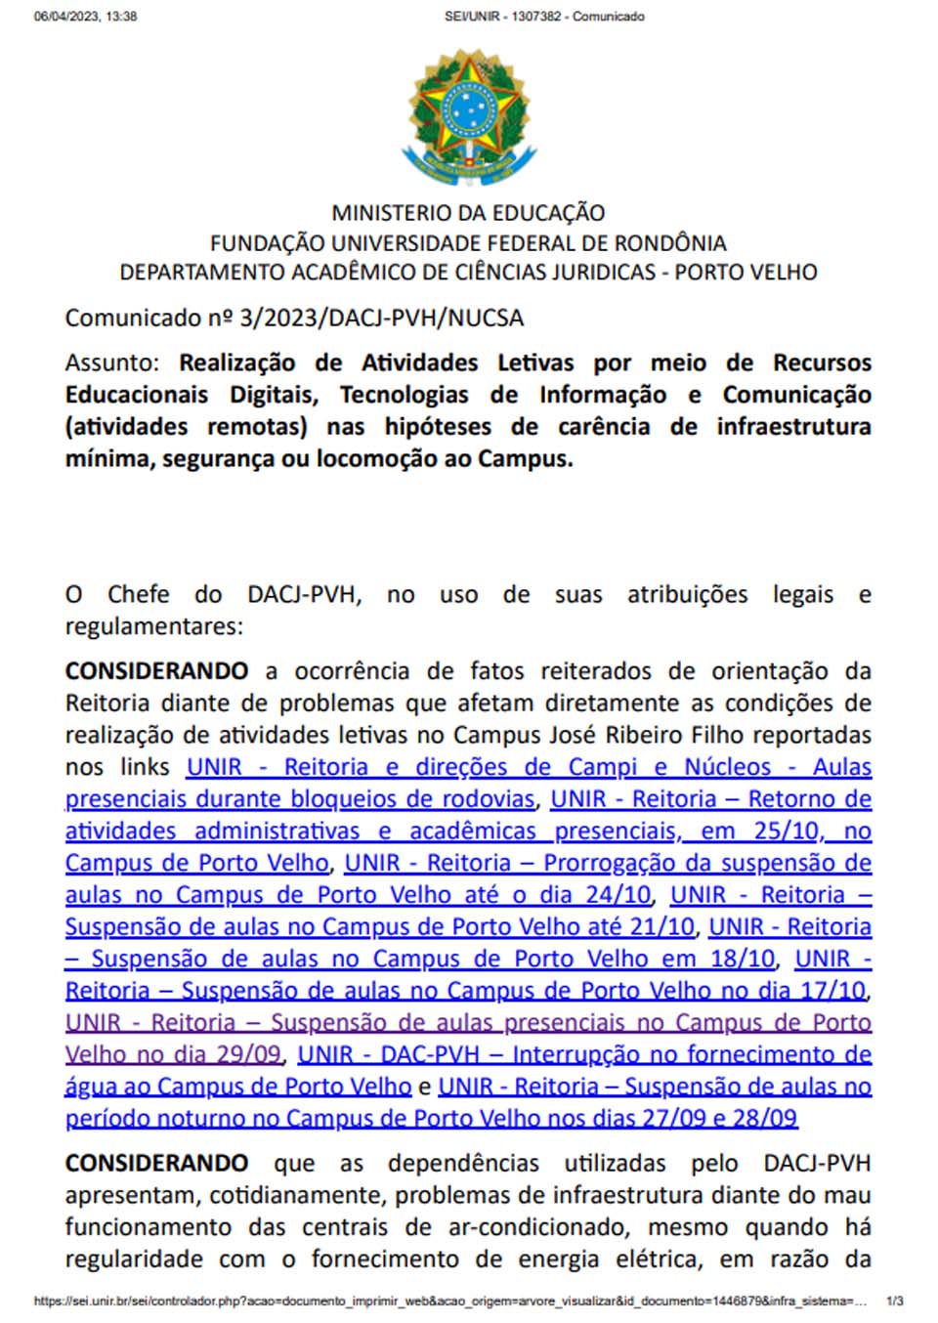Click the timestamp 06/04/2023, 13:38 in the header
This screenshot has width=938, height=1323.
85,17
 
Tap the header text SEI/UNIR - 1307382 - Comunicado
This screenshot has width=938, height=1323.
544,17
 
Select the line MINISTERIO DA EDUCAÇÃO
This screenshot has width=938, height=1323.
468,213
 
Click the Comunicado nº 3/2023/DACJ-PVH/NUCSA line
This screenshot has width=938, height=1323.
294,318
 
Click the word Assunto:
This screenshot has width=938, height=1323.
111,363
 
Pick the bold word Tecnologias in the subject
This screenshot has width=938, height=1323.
405,395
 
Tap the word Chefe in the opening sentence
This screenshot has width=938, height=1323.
138,594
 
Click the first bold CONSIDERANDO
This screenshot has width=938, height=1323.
156,671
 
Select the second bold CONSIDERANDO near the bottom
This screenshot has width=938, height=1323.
156,1163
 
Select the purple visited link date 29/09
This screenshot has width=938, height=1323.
251,1055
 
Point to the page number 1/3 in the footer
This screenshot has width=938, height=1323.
894,1302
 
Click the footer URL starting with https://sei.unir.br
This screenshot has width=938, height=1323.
449,1302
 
